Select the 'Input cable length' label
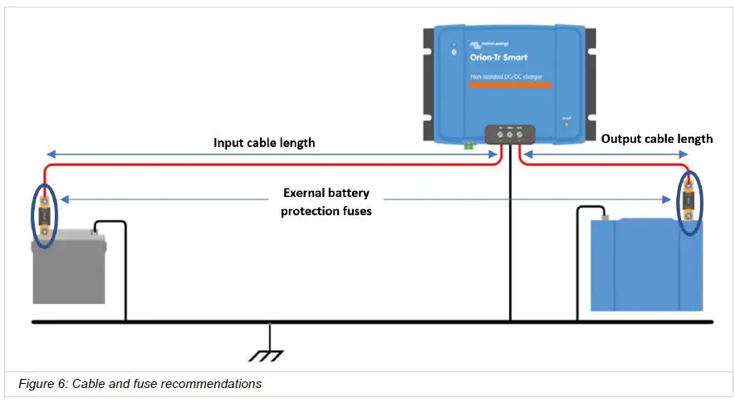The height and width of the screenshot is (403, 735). tap(264, 142)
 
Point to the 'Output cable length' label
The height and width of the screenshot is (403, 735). tap(656, 139)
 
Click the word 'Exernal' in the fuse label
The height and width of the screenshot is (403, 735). tap(303, 193)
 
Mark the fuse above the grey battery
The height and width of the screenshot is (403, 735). tap(44, 217)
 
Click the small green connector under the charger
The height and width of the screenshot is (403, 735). tap(468, 145)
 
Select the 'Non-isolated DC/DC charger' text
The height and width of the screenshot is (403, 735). tap(507, 76)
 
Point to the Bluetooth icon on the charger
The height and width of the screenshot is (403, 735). tap(453, 52)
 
